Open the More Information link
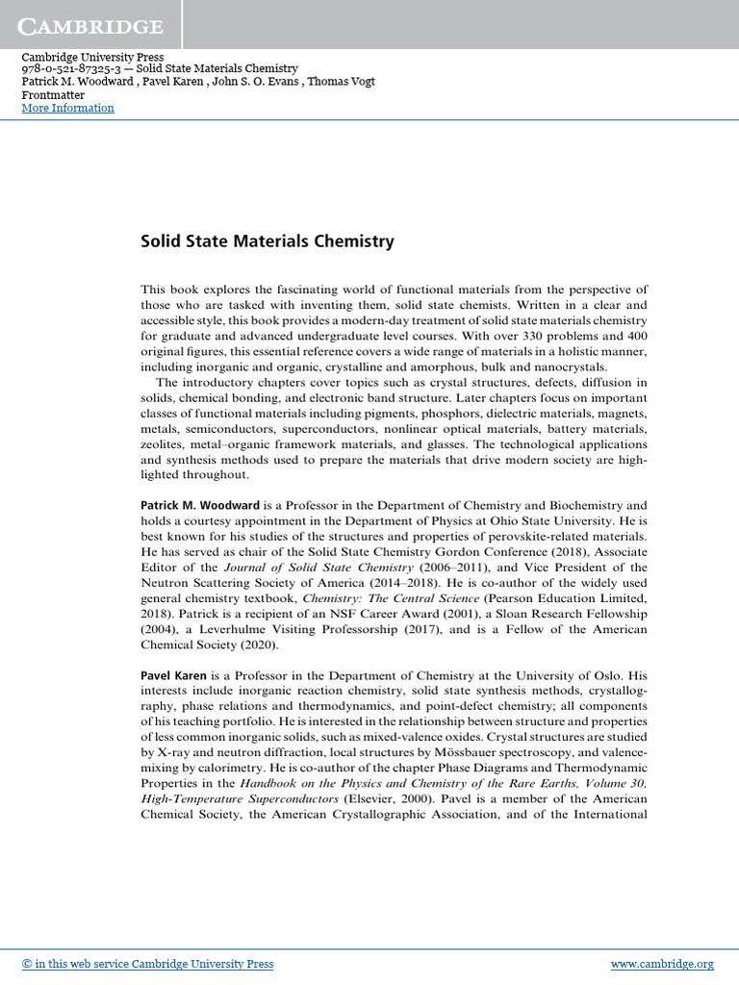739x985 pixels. [67, 108]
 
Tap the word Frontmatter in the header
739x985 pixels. [53, 95]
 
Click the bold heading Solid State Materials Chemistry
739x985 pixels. [268, 241]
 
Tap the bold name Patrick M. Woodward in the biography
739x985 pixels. [199, 505]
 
